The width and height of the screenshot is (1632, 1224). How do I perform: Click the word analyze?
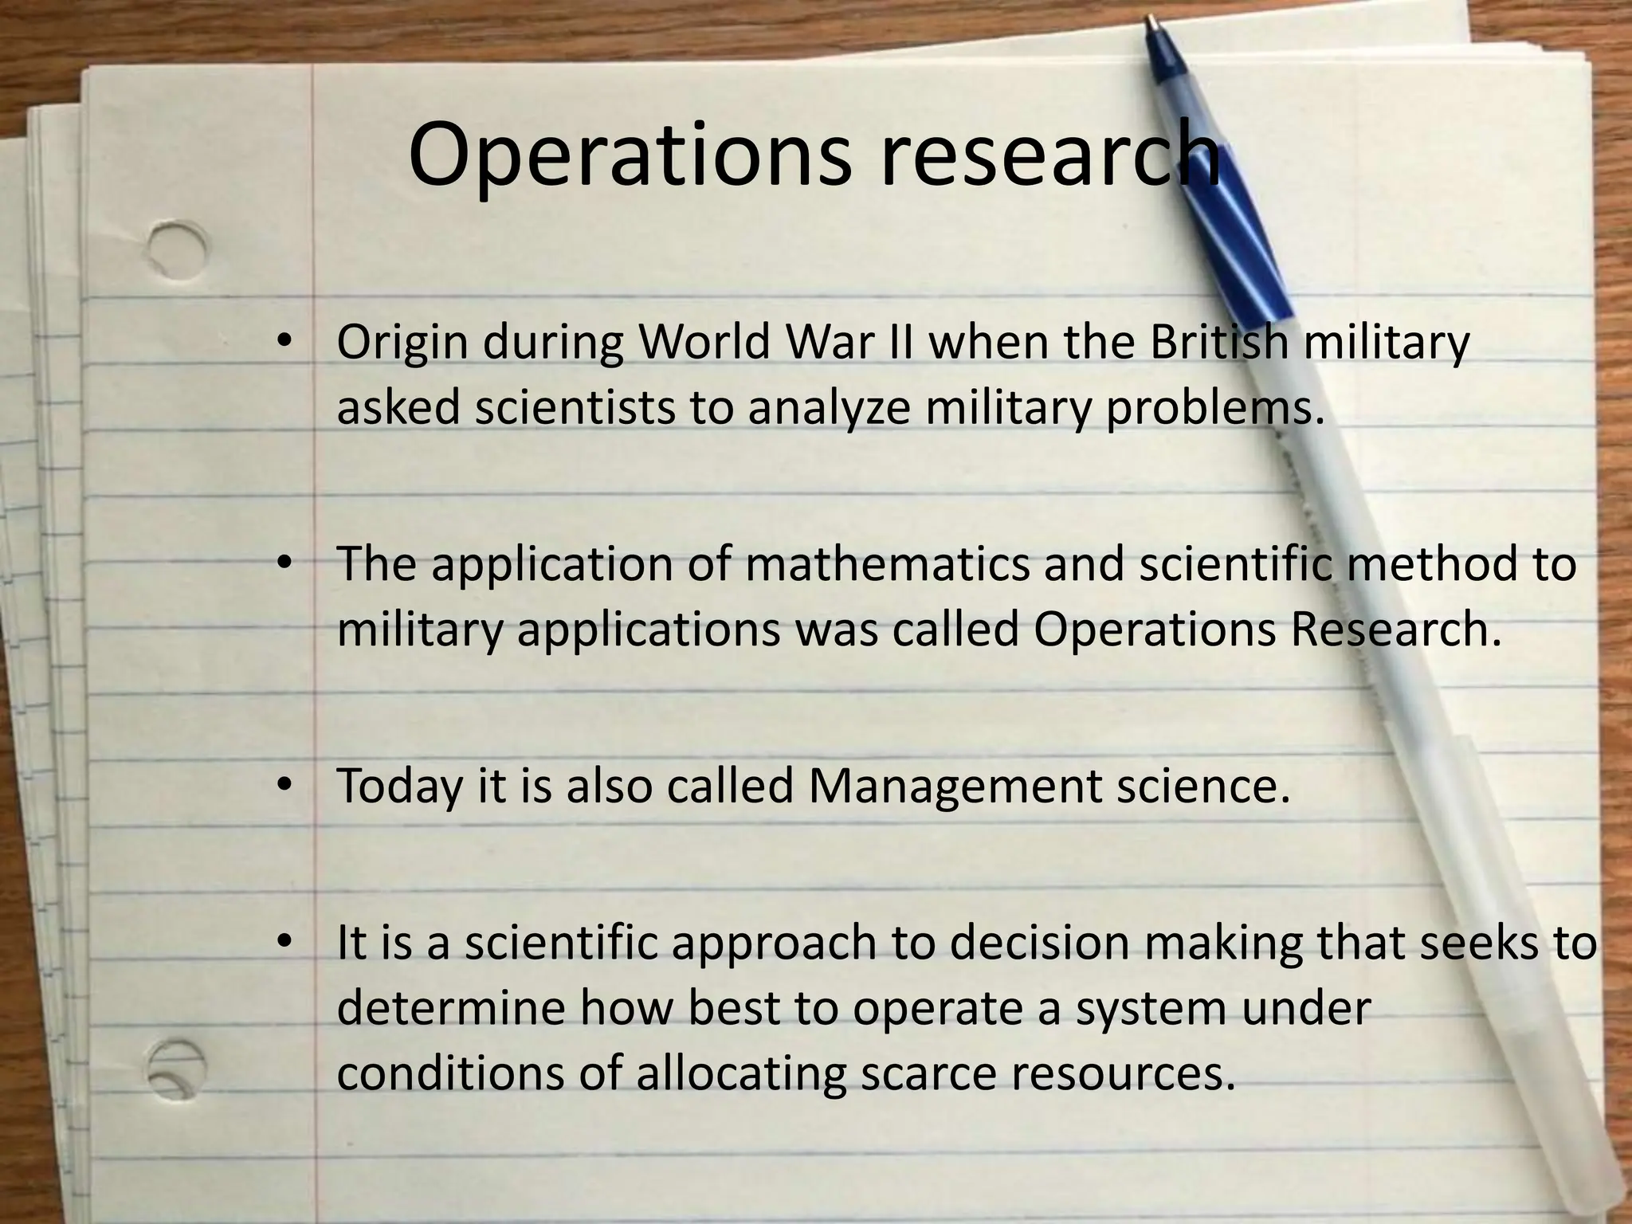click(x=829, y=410)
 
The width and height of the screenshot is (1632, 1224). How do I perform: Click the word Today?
click(x=399, y=787)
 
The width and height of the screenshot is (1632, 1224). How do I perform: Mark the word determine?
click(x=451, y=1009)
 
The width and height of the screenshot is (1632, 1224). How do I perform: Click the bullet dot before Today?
click(x=284, y=786)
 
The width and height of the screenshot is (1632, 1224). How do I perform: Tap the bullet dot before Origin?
click(x=284, y=343)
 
